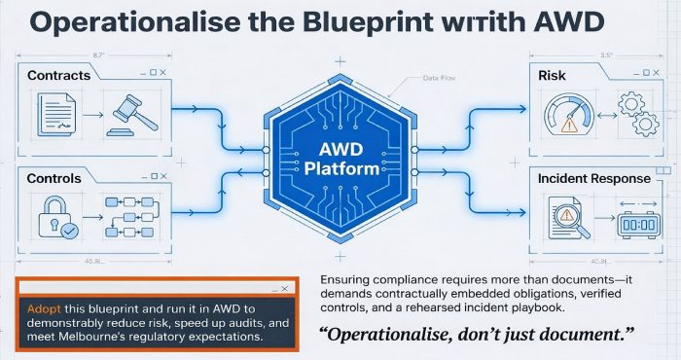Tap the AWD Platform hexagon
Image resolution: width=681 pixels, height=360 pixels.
pyautogui.click(x=340, y=156)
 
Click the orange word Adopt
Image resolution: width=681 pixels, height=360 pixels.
pyautogui.click(x=35, y=306)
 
